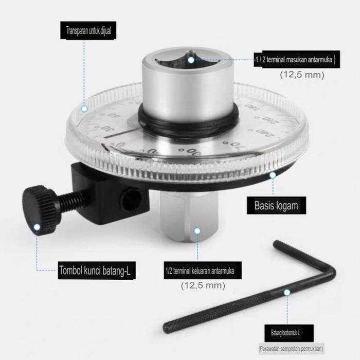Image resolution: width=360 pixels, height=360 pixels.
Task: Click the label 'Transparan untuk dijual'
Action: [x=88, y=30]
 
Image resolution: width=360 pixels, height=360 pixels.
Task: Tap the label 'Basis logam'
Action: [x=276, y=206]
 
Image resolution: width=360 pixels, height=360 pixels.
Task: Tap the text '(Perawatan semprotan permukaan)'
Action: [x=291, y=348]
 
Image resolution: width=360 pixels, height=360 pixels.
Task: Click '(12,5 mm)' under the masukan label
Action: [x=302, y=75]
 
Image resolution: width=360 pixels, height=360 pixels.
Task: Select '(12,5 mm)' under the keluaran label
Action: [x=203, y=285]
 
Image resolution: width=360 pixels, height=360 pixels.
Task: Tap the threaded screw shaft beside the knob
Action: [x=73, y=201]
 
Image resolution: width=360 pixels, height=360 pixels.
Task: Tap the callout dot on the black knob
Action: [x=37, y=226]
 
